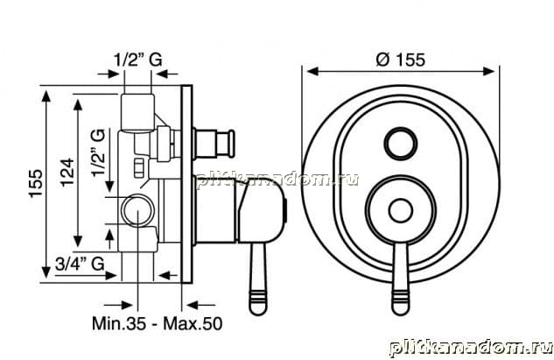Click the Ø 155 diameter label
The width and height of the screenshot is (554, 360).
tap(400, 60)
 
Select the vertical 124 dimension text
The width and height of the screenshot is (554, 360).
tap(67, 173)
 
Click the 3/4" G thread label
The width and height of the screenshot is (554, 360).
tap(80, 264)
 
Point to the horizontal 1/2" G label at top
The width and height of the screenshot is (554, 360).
tap(138, 60)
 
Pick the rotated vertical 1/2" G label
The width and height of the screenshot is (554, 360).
tap(98, 152)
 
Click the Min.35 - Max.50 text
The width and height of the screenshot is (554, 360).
tap(158, 323)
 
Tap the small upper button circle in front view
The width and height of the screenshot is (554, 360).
tap(401, 144)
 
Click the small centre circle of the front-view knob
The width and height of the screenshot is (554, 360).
tap(400, 211)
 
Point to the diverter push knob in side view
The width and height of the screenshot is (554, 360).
tap(214, 144)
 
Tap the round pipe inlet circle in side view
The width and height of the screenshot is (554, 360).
tap(137, 211)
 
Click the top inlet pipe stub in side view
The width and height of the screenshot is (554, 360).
tap(137, 112)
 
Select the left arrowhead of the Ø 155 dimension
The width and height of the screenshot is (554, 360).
tap(313, 71)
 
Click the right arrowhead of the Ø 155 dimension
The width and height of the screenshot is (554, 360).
tap(488, 71)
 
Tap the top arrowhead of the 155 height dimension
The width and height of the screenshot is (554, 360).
tap(46, 96)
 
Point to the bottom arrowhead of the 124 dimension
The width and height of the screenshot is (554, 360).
tap(78, 241)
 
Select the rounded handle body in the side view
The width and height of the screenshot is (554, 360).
tap(262, 211)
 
